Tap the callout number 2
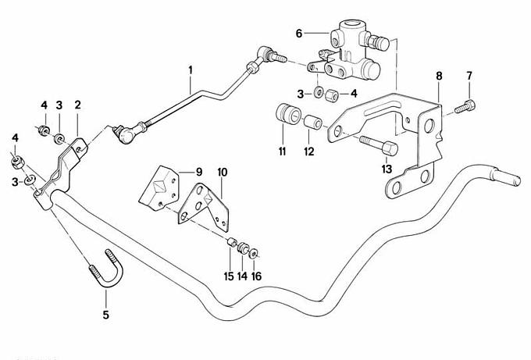click(x=78, y=105)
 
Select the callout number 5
click(x=107, y=316)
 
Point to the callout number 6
click(x=298, y=33)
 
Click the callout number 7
click(x=469, y=76)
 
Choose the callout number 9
click(x=198, y=171)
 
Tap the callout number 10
click(x=222, y=171)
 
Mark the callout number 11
click(x=282, y=150)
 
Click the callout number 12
click(x=308, y=151)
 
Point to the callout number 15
click(x=229, y=276)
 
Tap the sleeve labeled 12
click(x=314, y=123)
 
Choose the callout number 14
click(x=242, y=276)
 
